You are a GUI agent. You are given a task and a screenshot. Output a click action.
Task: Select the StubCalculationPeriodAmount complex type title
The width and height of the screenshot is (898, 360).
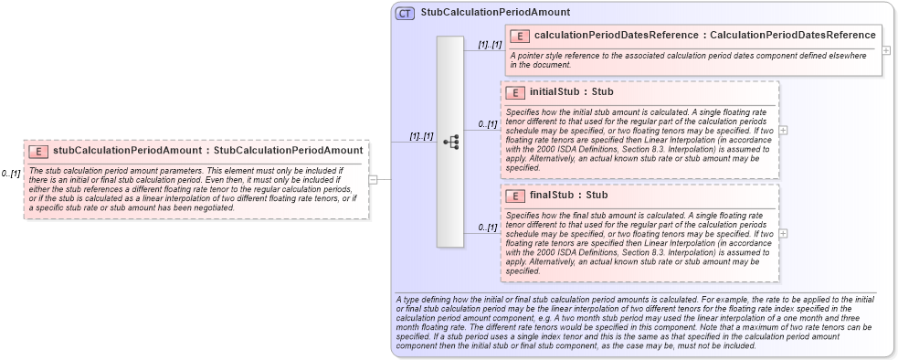click(496, 13)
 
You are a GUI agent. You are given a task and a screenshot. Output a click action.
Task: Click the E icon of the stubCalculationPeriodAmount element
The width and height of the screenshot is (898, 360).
click(38, 150)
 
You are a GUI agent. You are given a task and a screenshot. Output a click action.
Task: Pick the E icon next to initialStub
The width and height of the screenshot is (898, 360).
click(514, 92)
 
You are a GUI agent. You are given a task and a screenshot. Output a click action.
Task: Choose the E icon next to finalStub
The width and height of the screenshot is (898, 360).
click(514, 196)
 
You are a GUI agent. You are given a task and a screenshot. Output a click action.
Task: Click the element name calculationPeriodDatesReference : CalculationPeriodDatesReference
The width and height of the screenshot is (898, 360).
click(705, 36)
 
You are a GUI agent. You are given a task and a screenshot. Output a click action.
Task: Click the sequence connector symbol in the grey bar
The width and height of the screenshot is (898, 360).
click(450, 143)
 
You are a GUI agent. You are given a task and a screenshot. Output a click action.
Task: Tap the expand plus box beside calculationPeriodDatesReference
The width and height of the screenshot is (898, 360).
click(886, 49)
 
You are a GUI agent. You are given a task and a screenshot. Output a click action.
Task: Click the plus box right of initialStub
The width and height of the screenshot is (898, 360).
click(783, 131)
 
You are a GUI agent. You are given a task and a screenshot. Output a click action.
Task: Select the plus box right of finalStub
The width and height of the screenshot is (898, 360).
click(783, 233)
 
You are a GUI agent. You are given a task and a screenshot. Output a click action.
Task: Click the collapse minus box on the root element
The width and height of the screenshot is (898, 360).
click(373, 179)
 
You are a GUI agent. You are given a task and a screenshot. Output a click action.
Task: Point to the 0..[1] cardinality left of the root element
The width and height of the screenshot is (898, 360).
click(11, 174)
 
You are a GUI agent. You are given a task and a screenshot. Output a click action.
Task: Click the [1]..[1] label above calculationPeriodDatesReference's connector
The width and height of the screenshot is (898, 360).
click(490, 44)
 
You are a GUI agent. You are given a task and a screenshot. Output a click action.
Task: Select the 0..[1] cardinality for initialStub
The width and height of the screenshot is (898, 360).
click(489, 124)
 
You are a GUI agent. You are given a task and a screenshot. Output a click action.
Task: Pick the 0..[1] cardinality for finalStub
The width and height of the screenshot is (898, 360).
click(489, 228)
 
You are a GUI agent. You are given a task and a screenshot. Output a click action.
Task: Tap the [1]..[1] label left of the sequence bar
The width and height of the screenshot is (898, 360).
click(421, 136)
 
